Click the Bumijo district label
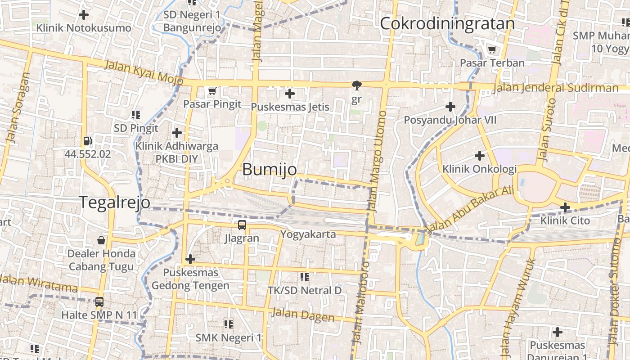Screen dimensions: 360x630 click(x=269, y=170)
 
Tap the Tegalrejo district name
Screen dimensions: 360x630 click(x=115, y=202)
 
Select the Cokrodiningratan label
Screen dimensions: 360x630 click(x=447, y=24)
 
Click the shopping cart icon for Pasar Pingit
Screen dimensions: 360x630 click(x=212, y=91)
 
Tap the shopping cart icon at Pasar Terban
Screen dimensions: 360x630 click(x=492, y=50)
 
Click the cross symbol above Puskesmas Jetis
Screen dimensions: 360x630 click(x=290, y=94)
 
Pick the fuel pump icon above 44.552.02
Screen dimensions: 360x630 click(x=88, y=141)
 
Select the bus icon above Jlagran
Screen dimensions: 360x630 click(x=242, y=225)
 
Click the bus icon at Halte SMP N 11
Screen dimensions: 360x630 click(x=99, y=302)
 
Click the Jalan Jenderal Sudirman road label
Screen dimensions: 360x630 click(x=555, y=88)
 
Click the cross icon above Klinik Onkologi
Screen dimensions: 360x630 click(x=480, y=156)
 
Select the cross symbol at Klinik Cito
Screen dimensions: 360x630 click(x=565, y=207)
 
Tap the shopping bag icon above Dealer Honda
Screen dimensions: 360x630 click(x=101, y=240)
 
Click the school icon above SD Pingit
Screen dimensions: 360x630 click(x=136, y=115)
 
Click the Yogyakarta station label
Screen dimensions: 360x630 click(x=308, y=234)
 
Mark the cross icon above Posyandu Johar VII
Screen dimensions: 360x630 click(x=450, y=107)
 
